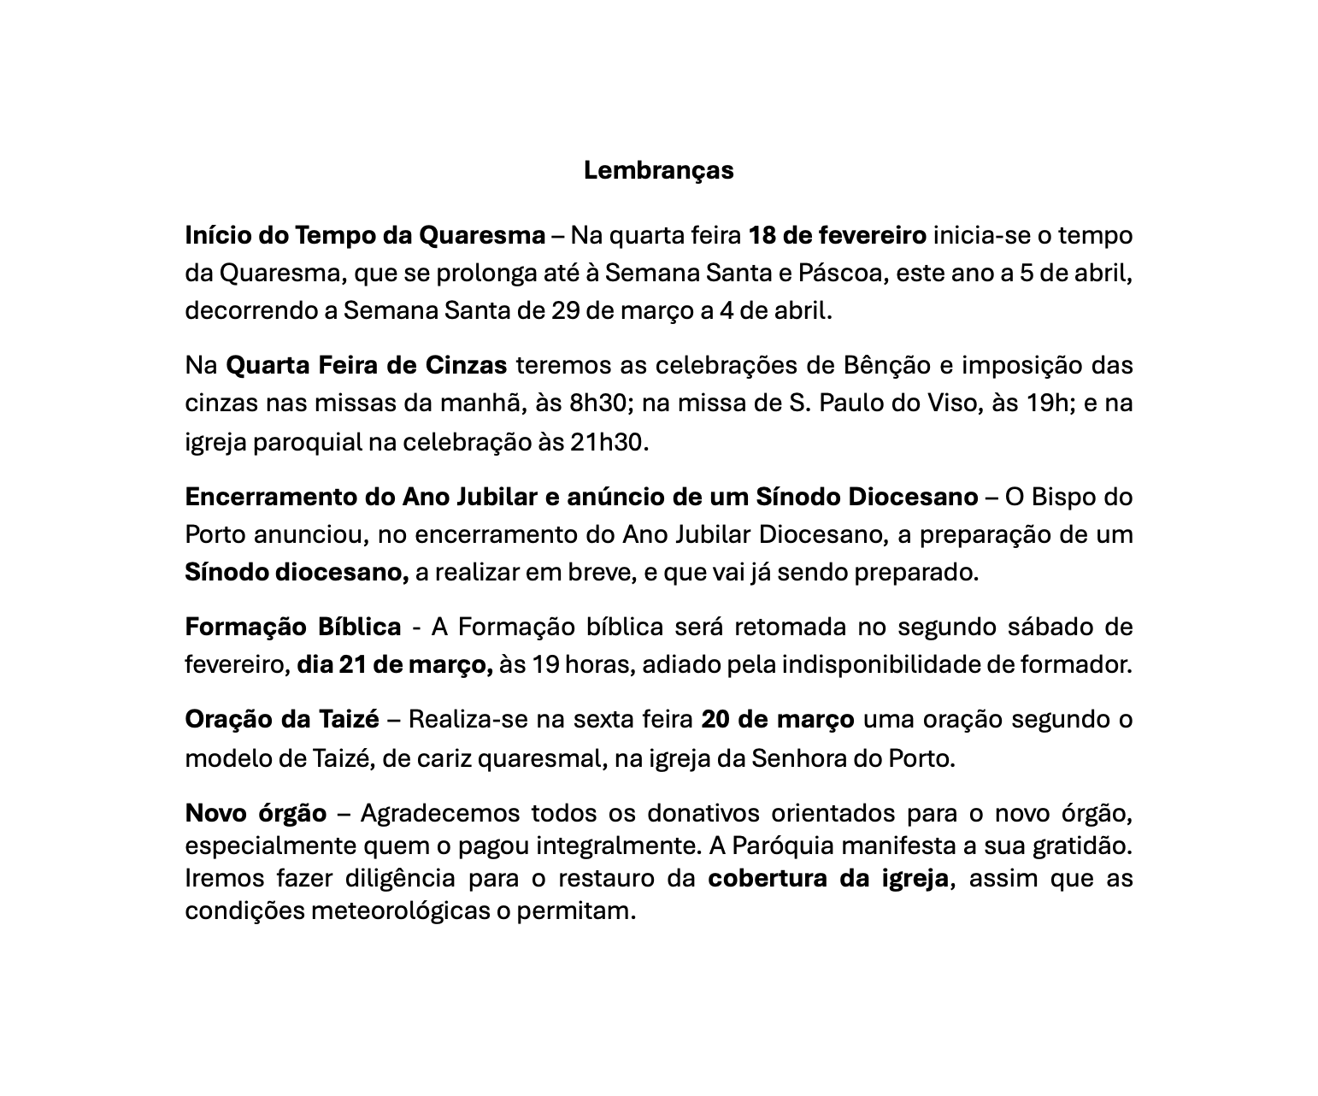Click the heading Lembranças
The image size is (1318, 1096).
[658, 170]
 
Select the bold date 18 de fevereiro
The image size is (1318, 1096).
[837, 235]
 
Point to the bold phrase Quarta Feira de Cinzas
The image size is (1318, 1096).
[366, 365]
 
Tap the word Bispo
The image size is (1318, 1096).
[1063, 497]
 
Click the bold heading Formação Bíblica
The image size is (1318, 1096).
[293, 627]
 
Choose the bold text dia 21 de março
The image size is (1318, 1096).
[395, 664]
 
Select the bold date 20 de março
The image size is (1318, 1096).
[777, 719]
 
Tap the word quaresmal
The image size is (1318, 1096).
[539, 758]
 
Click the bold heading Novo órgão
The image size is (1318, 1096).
[256, 812]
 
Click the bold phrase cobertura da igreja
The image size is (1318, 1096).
[828, 878]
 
